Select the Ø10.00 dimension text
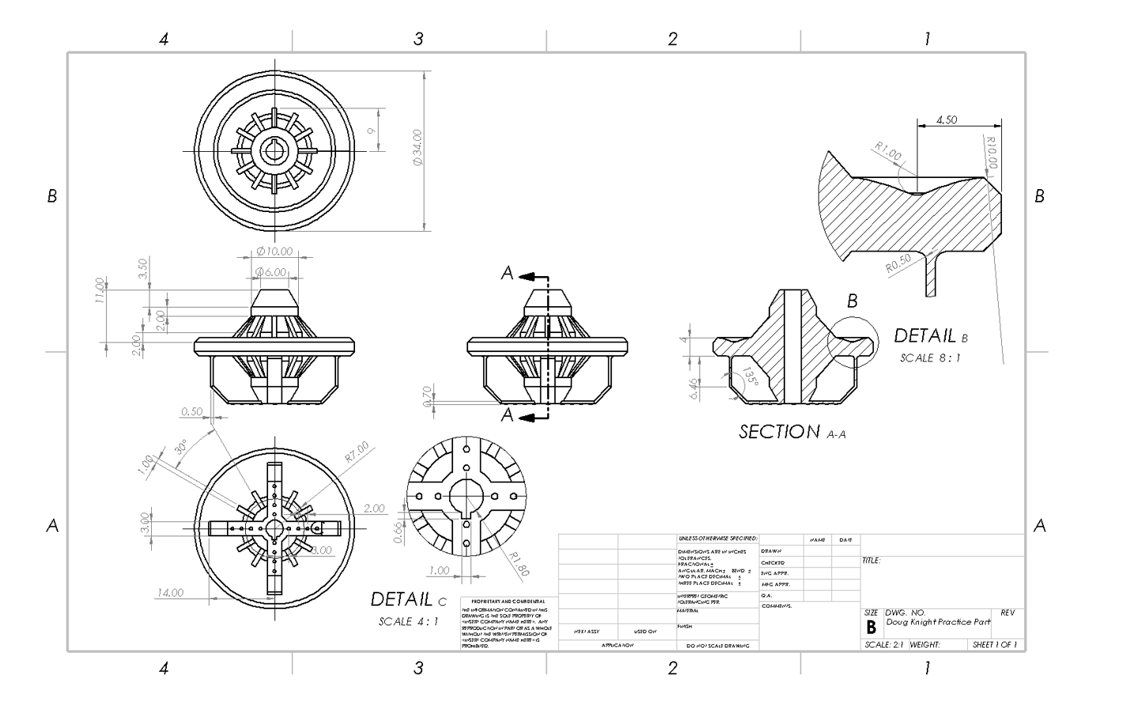coord(274,252)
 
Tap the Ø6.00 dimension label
coord(270,272)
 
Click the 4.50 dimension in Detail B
coord(946,120)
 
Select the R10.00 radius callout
coord(992,153)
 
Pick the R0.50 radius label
coord(899,263)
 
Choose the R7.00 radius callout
coord(357,453)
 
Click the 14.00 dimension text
coord(170,593)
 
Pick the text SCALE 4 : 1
coord(408,621)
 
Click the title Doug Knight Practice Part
coord(938,622)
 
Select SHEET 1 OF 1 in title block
coord(995,645)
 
